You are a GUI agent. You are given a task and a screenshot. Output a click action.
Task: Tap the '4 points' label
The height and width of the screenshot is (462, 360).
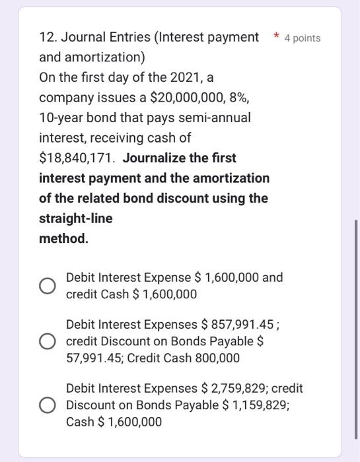pos(302,38)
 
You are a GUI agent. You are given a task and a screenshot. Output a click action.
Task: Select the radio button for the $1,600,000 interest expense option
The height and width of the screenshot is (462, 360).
pos(47,286)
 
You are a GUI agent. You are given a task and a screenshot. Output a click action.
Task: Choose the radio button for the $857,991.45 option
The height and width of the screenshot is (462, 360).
pos(47,342)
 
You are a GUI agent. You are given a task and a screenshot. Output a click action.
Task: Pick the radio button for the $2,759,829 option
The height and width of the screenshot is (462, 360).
pos(47,405)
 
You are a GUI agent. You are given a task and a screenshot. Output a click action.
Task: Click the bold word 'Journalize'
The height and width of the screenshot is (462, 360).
pos(157,158)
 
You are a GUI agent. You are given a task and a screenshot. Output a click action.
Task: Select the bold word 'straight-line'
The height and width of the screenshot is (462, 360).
pos(76,218)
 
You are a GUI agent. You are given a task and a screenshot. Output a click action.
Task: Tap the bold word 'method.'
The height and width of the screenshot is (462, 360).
pos(63,238)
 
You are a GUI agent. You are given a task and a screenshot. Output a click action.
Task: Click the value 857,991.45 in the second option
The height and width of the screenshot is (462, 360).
pos(243,325)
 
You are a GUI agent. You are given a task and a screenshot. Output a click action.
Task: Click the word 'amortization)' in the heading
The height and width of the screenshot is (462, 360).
pos(92,57)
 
